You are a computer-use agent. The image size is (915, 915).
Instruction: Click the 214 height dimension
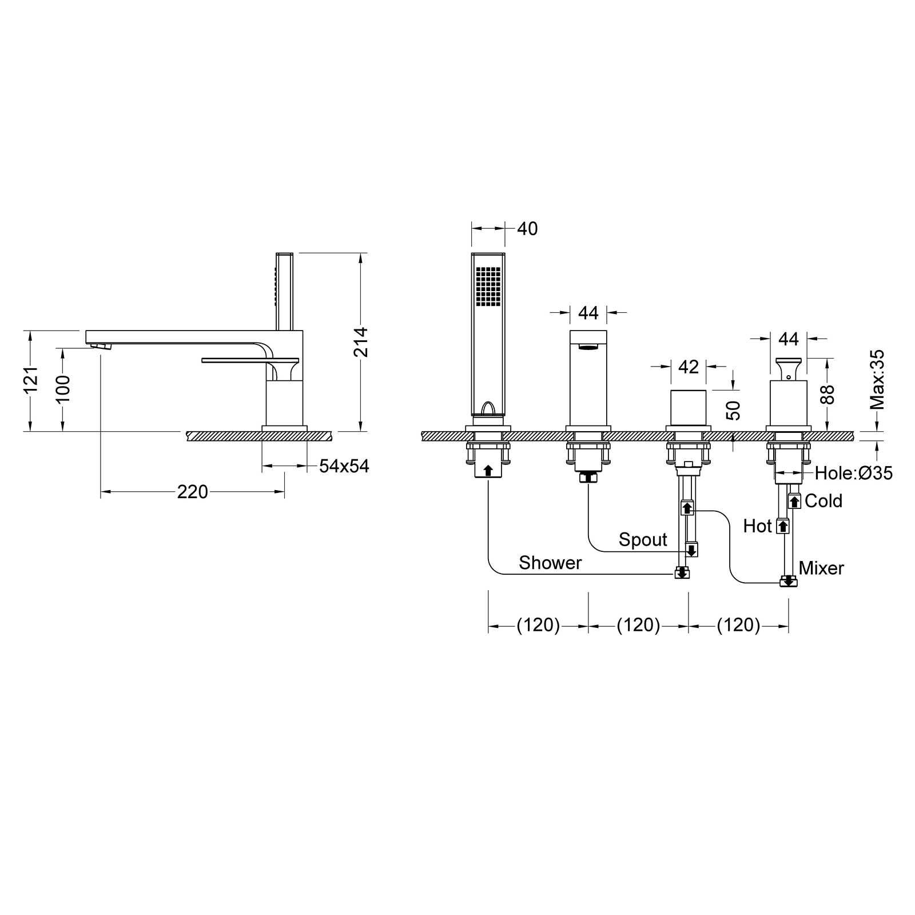360,342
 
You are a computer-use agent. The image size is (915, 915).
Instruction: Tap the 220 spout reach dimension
192,492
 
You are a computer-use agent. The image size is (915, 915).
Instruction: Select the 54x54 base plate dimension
344,466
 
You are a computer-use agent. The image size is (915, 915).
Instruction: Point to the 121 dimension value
30,379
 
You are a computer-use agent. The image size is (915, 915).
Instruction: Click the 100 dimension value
63,389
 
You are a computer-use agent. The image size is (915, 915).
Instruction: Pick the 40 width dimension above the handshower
527,229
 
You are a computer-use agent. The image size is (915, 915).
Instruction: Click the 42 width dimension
689,367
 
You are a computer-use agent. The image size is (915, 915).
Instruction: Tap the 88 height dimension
827,395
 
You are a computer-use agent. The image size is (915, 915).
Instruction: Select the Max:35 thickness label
877,380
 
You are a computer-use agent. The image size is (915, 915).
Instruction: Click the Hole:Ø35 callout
853,473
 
